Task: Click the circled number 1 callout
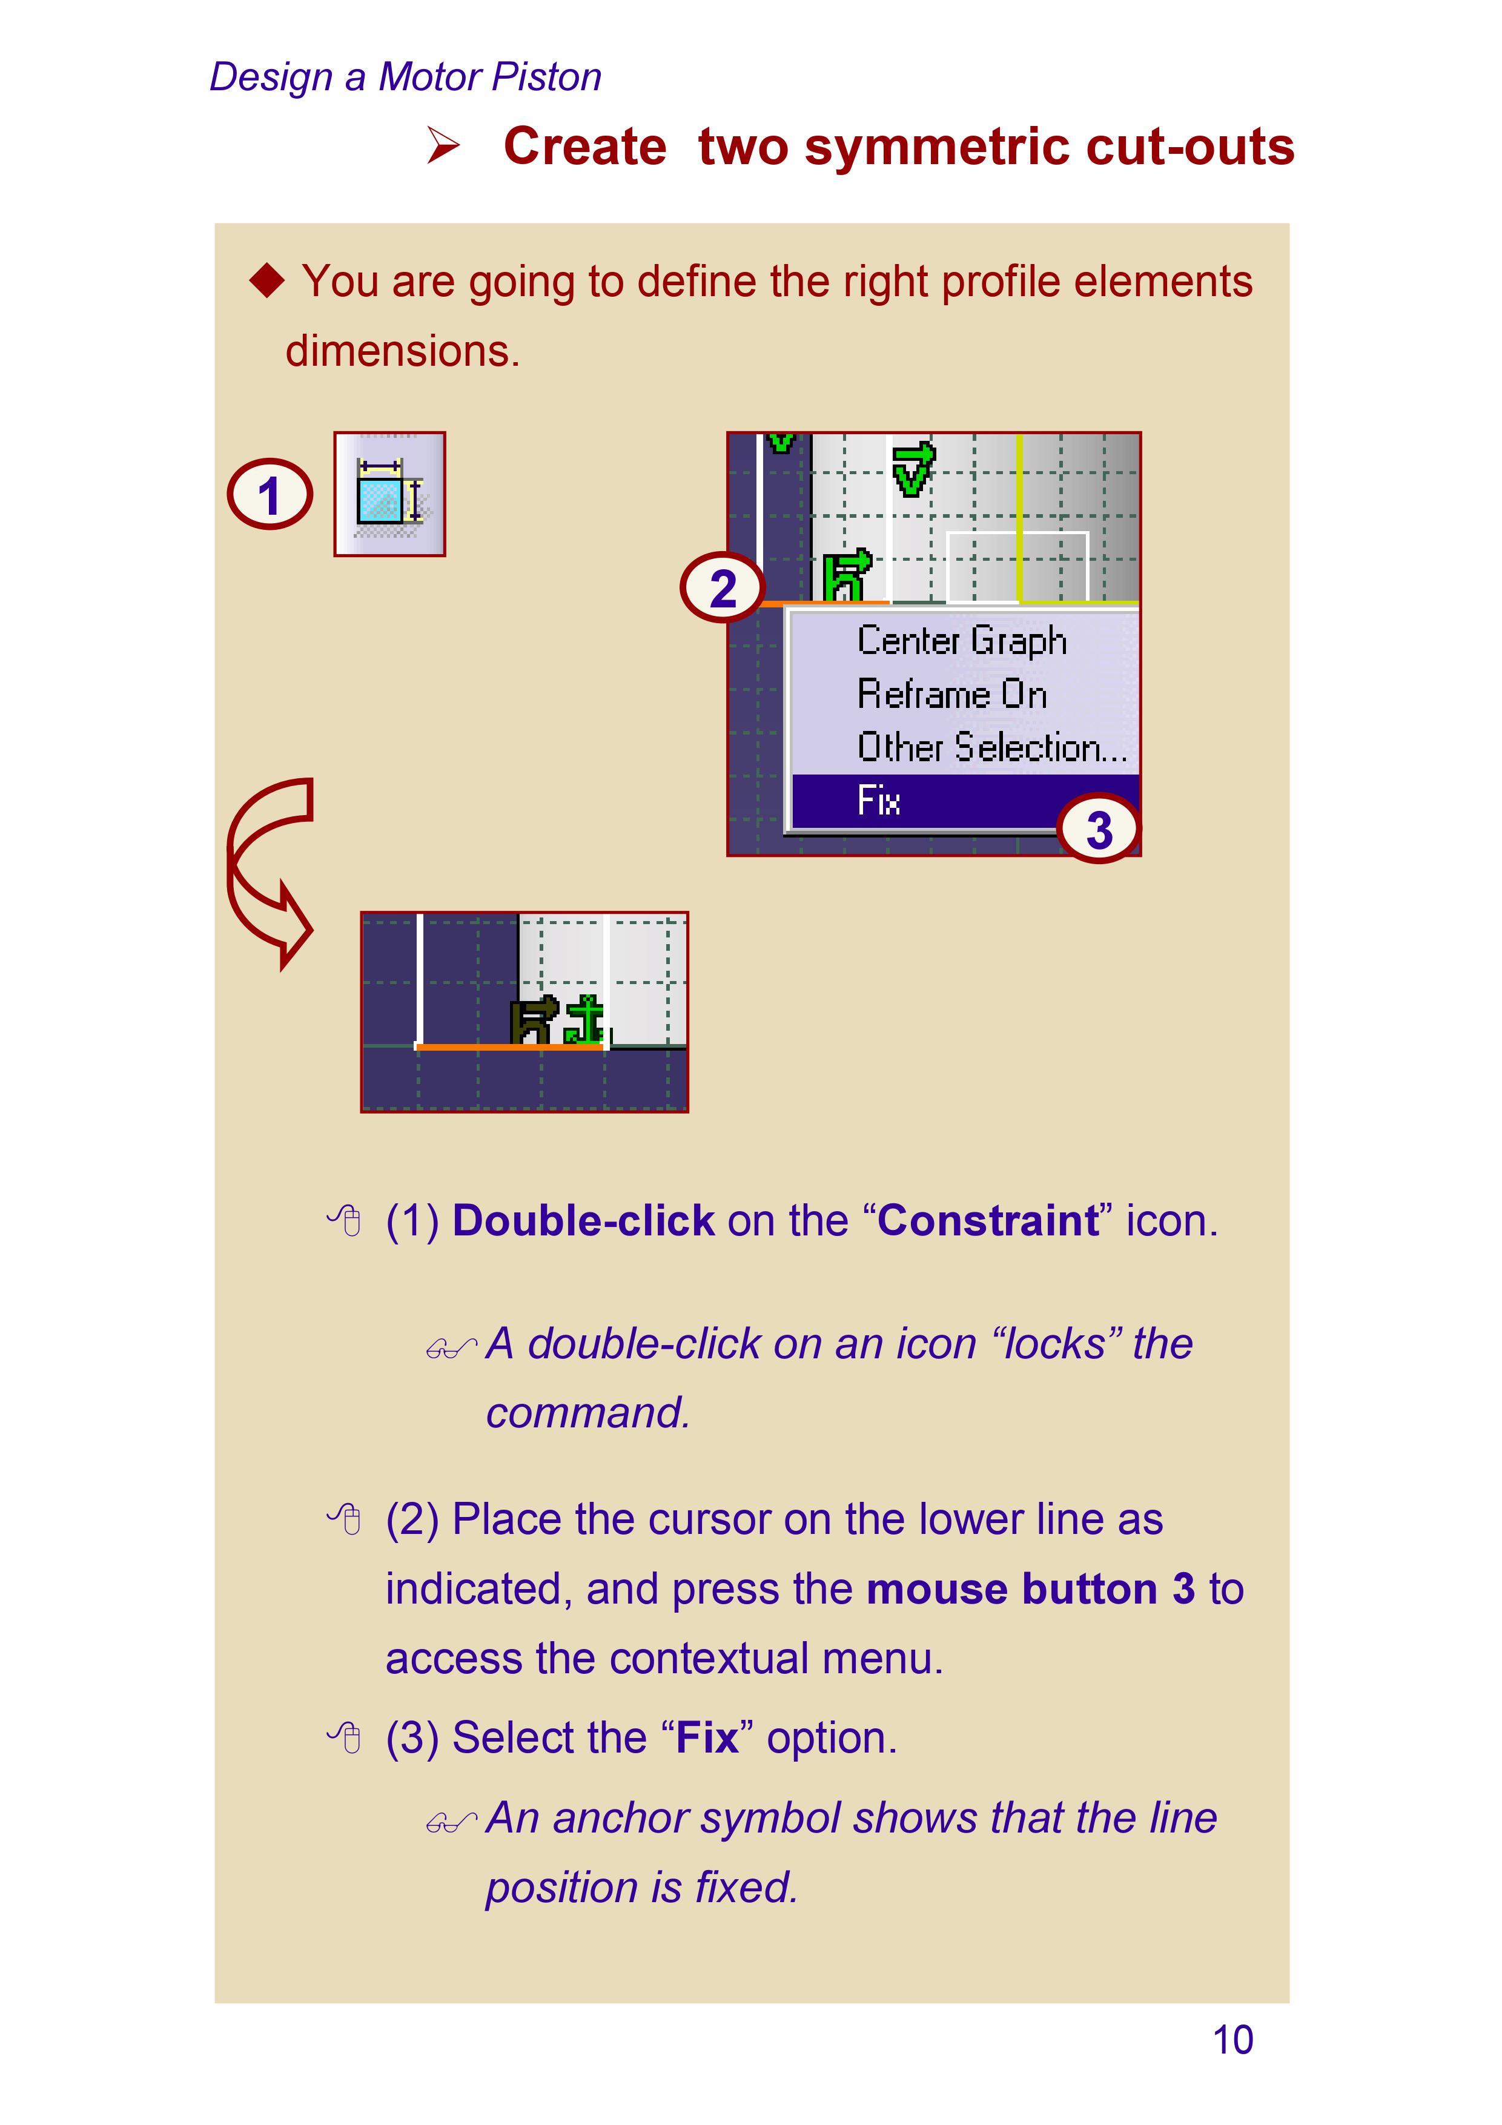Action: tap(270, 494)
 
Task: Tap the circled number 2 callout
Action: tap(723, 587)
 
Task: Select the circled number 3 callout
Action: tap(1099, 828)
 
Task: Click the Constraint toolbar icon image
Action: tap(389, 494)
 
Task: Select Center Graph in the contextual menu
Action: tap(962, 641)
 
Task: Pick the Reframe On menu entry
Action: tap(951, 694)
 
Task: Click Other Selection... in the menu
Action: tap(991, 747)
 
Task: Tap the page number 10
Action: tap(1232, 2040)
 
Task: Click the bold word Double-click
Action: tap(583, 1221)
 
